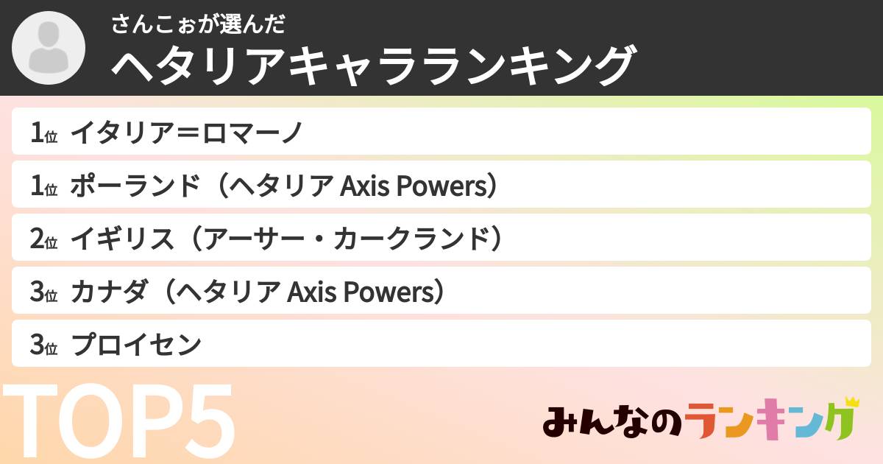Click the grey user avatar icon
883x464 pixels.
pyautogui.click(x=49, y=48)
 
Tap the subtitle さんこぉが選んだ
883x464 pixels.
pyautogui.click(x=198, y=24)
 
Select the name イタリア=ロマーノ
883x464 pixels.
pyautogui.click(x=186, y=133)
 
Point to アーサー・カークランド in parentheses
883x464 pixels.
pyautogui.click(x=345, y=239)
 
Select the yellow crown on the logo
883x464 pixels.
pyautogui.click(x=851, y=402)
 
